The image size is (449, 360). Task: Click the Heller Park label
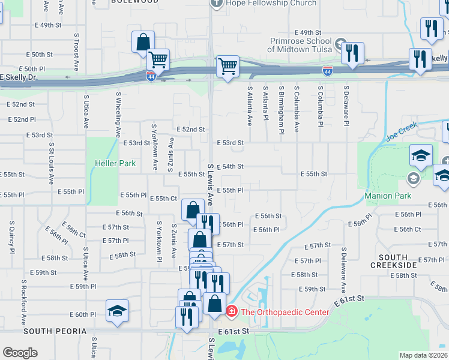pyautogui.click(x=115, y=163)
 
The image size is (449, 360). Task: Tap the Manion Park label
pyautogui.click(x=388, y=196)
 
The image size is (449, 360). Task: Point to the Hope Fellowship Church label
pyautogui.click(x=271, y=3)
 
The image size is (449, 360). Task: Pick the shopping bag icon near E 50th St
pyautogui.click(x=143, y=41)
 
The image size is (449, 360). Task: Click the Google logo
pyautogui.click(x=20, y=353)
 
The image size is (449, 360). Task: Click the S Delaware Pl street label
pyautogui.click(x=346, y=106)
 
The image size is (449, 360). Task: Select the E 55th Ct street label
pyautogui.click(x=163, y=199)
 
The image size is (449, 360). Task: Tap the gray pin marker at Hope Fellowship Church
pyautogui.click(x=216, y=3)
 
